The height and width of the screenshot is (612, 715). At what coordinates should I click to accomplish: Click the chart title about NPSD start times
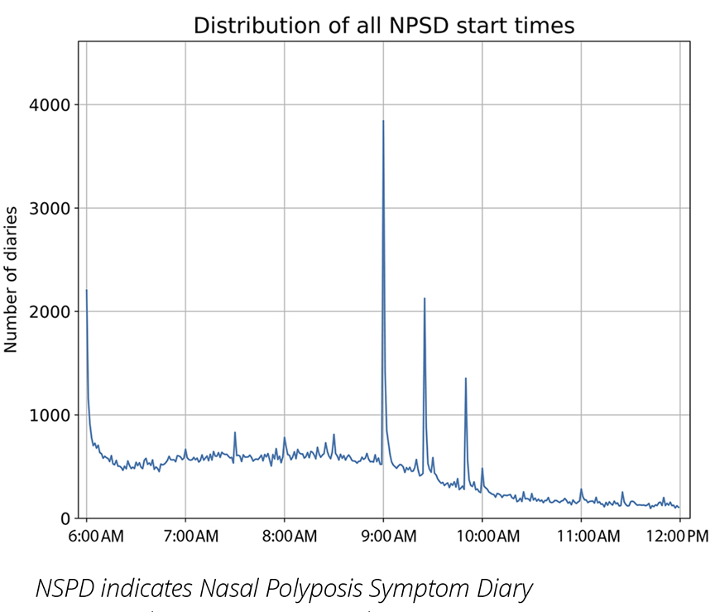[x=383, y=26]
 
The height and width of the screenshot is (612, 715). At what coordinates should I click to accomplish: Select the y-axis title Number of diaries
[x=12, y=279]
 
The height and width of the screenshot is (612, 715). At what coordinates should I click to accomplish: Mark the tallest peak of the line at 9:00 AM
[x=383, y=122]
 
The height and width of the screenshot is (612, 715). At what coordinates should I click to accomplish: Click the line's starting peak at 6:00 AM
[x=87, y=291]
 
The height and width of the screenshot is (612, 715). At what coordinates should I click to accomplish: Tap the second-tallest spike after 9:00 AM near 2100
[x=425, y=299]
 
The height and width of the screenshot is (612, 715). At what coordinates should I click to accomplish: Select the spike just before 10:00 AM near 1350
[x=466, y=378]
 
